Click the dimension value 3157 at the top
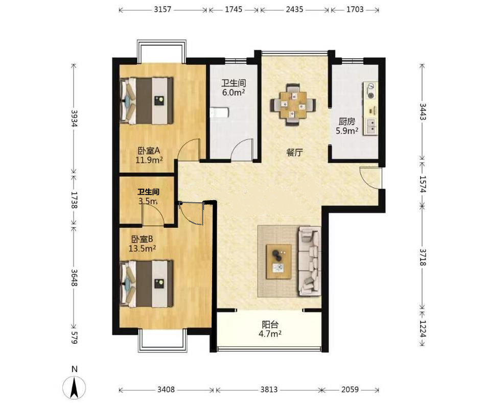click(x=163, y=9)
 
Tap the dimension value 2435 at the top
click(x=294, y=9)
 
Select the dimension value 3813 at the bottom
click(x=269, y=389)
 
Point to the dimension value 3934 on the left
click(x=74, y=118)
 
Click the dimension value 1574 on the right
click(x=423, y=184)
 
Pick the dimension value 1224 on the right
click(x=423, y=328)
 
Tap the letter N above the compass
click(x=75, y=369)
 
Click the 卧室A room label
click(x=149, y=151)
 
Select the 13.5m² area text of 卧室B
click(x=142, y=248)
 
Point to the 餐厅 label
click(x=294, y=152)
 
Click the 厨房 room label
click(x=347, y=122)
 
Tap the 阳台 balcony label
click(x=270, y=325)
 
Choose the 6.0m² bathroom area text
click(x=234, y=92)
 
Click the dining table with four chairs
click(x=293, y=105)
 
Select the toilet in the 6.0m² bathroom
click(x=219, y=113)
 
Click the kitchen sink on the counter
click(x=372, y=126)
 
